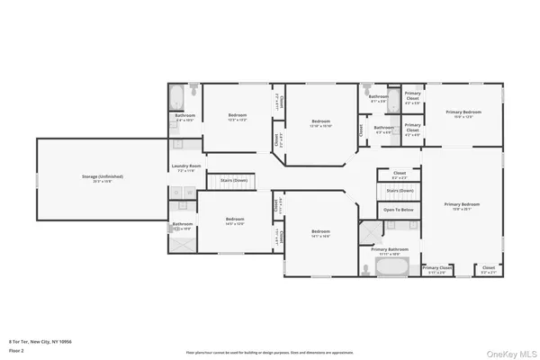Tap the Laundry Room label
pos(186,166)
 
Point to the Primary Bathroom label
pos(390,248)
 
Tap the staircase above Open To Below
pos(400,191)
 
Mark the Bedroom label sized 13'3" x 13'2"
pos(238,116)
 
